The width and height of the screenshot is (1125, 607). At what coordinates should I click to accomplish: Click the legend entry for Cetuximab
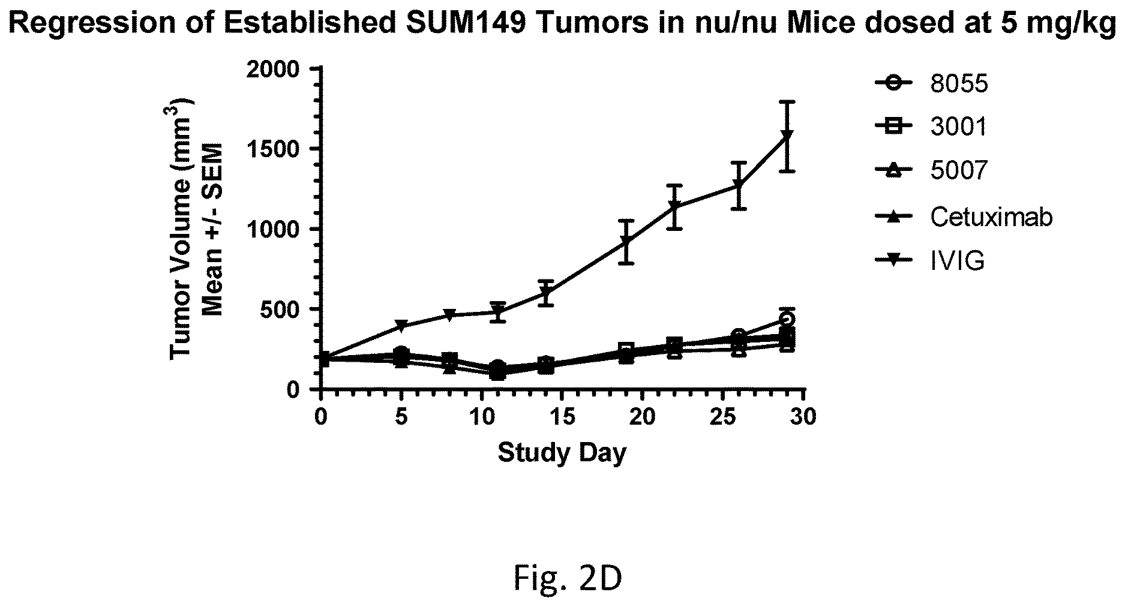pyautogui.click(x=991, y=217)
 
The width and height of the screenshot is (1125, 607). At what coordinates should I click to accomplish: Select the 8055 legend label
pyautogui.click(x=958, y=83)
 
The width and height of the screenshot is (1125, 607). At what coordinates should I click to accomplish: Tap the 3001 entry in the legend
pyautogui.click(x=958, y=127)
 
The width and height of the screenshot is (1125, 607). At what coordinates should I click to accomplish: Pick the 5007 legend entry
pyautogui.click(x=958, y=172)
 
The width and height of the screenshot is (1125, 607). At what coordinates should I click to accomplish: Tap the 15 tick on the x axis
pyautogui.click(x=562, y=416)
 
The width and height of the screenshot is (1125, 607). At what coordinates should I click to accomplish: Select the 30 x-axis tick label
pyautogui.click(x=803, y=416)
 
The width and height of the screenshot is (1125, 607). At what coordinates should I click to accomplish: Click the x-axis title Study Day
pyautogui.click(x=562, y=453)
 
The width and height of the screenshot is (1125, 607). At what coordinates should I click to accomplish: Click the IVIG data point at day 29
pyautogui.click(x=788, y=136)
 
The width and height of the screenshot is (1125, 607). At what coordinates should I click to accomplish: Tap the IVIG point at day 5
pyautogui.click(x=402, y=326)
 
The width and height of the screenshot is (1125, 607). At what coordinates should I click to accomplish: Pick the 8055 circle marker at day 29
pyautogui.click(x=788, y=318)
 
